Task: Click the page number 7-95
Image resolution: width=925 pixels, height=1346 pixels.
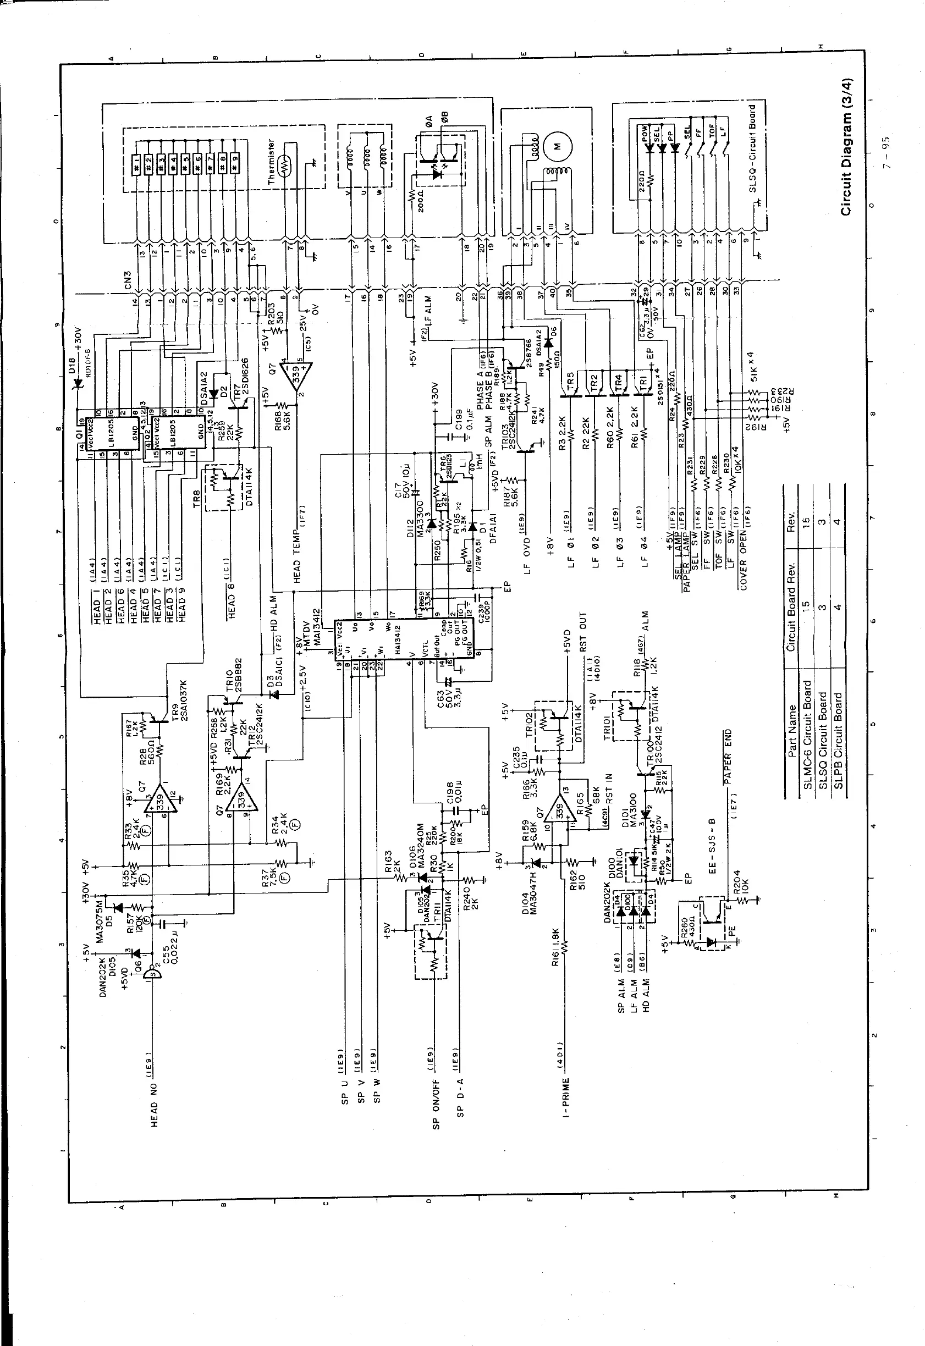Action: [x=884, y=153]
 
